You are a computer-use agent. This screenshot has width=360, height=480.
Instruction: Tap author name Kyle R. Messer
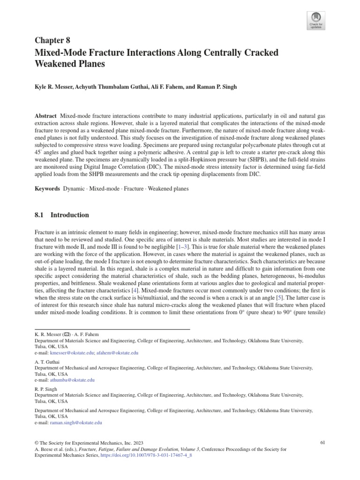pos(55,87)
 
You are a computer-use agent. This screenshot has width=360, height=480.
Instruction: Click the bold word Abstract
pos(45,116)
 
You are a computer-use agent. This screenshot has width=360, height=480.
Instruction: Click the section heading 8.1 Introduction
pos(62,215)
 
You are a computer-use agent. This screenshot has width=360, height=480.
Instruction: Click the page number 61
pos(322,442)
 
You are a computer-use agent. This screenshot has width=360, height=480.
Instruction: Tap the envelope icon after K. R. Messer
pos(67,335)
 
